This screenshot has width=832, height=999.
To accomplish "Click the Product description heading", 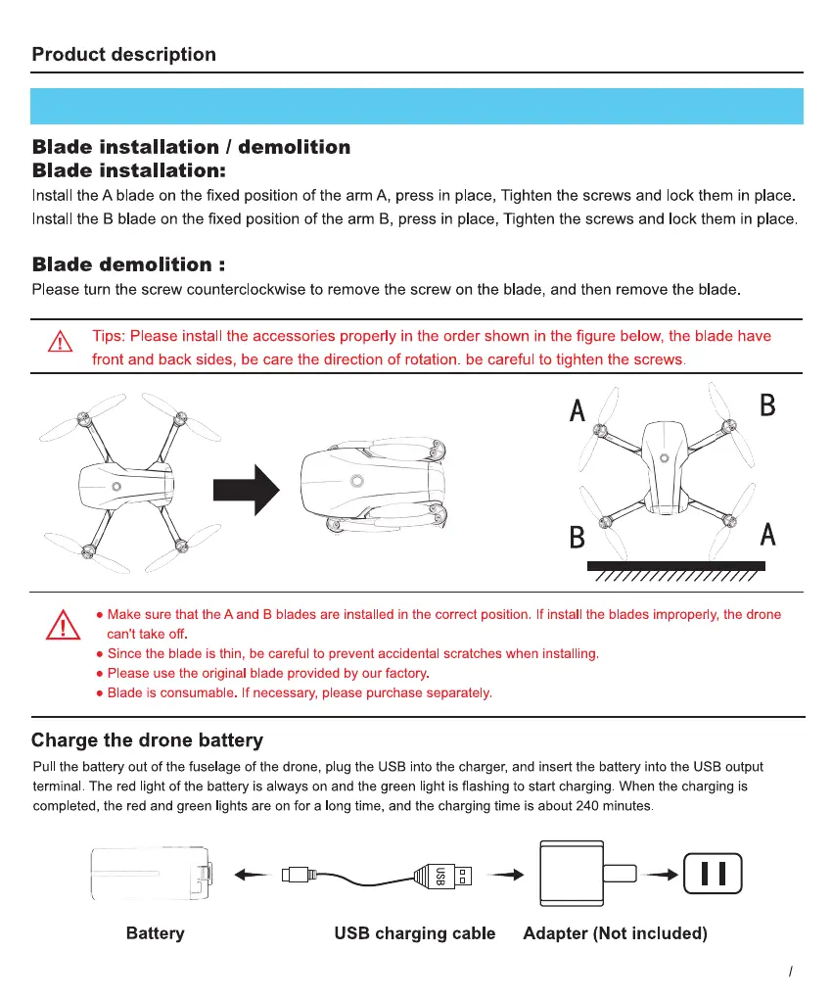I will [x=123, y=55].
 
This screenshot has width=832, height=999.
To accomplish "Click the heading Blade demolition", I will [x=121, y=264].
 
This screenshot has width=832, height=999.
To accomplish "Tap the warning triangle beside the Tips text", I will [x=61, y=343].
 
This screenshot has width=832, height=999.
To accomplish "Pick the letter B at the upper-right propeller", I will [x=767, y=405].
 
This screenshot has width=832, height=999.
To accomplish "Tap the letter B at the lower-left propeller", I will [x=578, y=538].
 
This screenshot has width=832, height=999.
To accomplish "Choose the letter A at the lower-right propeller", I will [x=768, y=535].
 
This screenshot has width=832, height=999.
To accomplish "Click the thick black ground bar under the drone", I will [x=675, y=566].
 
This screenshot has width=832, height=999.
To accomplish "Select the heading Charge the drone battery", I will [x=147, y=740].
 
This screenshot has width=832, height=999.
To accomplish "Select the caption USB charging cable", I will [x=415, y=933].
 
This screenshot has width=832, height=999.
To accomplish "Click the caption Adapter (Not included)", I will [x=615, y=933].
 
